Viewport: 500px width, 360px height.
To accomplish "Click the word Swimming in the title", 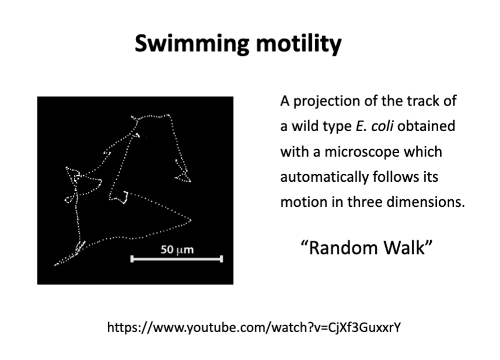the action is click(x=192, y=44).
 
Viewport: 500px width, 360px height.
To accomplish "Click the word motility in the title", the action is click(x=298, y=43).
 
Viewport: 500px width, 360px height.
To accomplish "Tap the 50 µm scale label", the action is click(x=177, y=249).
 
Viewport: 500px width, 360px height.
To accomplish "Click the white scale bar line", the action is click(x=177, y=259).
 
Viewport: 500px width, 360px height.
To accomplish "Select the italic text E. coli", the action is click(x=374, y=126).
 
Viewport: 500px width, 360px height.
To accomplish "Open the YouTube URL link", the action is click(x=254, y=327).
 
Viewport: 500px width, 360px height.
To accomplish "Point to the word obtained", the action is click(x=426, y=126).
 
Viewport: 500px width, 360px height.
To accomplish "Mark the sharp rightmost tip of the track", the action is click(x=191, y=220).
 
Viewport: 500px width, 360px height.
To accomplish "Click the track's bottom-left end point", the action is click(x=55, y=265).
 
